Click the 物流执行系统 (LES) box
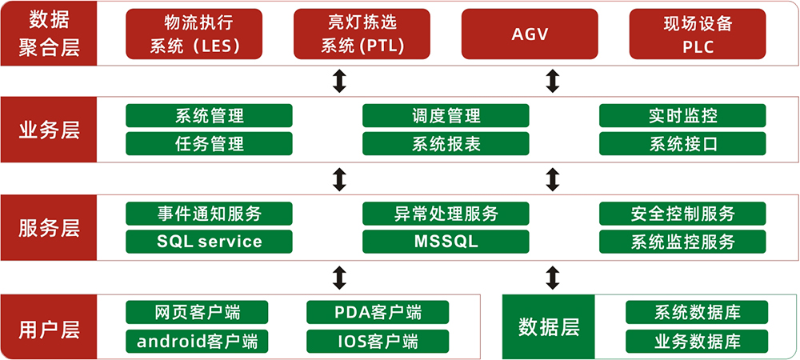[194, 34]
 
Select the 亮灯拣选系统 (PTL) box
[362, 34]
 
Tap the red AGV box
[530, 34]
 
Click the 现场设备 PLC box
[698, 34]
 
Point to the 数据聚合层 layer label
[49, 33]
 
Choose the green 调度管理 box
[446, 116]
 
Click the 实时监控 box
[682, 116]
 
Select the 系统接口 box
[682, 144]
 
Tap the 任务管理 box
[209, 144]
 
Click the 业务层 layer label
[49, 130]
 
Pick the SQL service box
[209, 242]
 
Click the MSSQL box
[446, 242]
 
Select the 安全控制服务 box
[682, 214]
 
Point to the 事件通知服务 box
[209, 214]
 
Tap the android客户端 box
[197, 342]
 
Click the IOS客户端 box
[378, 342]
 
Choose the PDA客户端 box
[378, 312]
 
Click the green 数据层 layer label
[549, 327]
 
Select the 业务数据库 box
[697, 342]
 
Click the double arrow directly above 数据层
[551, 278]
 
